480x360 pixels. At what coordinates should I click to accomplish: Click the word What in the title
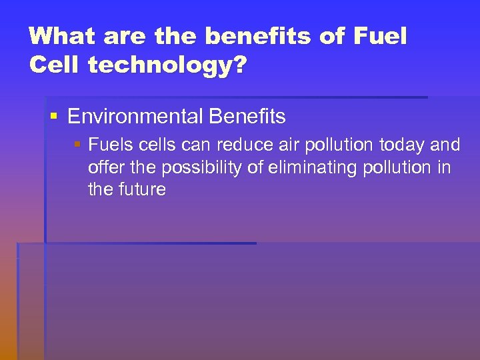click(x=58, y=36)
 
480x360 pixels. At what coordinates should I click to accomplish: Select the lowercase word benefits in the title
click(x=256, y=36)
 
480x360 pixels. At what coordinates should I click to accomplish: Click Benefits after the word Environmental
click(x=247, y=117)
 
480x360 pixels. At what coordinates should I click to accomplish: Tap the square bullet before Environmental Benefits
click(x=55, y=117)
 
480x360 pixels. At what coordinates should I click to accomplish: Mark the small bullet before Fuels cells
click(x=78, y=145)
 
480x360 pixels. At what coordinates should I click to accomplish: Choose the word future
click(x=143, y=189)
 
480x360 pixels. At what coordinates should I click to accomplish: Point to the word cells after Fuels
click(x=156, y=145)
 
